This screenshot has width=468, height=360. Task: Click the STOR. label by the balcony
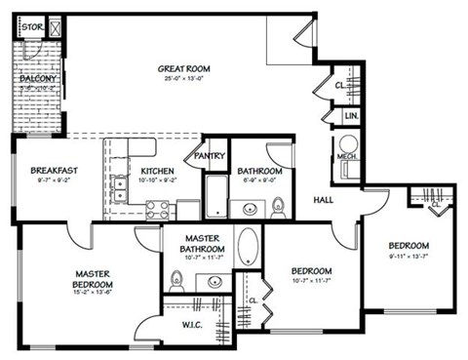[31, 28]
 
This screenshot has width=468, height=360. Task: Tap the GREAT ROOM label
[185, 68]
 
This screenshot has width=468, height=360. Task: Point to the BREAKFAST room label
[54, 170]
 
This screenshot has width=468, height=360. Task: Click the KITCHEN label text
[158, 170]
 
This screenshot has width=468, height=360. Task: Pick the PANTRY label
[210, 155]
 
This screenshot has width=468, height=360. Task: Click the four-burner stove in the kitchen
[157, 209]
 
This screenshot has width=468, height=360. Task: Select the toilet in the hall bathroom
[278, 206]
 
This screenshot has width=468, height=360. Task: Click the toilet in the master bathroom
[176, 282]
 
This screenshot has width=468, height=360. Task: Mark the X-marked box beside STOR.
[55, 27]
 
